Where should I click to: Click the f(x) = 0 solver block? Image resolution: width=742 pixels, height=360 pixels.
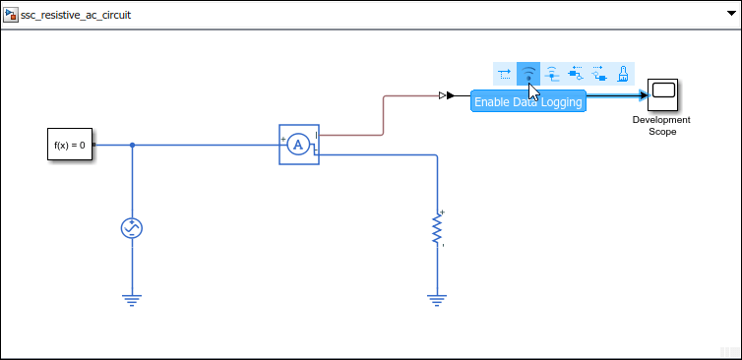70,146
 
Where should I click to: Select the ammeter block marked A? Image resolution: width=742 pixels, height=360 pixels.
298,145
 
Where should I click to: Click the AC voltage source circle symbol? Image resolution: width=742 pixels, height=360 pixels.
132,228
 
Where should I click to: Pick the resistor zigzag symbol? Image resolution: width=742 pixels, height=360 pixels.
436,229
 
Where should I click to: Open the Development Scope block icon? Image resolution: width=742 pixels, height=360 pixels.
662,94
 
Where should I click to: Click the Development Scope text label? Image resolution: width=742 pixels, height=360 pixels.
661,126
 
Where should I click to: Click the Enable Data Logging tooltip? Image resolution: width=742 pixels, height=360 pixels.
527,102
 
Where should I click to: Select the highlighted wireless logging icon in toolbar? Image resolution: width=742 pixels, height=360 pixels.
528,73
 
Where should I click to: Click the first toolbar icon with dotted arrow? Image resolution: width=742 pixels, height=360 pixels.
505,73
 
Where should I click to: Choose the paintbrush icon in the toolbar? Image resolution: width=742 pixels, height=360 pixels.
622,73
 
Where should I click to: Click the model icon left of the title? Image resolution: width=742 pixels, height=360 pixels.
12,17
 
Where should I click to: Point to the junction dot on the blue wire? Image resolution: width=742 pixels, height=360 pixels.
132,146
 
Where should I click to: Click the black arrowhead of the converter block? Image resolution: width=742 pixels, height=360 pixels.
450,95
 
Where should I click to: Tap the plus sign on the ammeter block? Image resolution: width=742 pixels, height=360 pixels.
283,139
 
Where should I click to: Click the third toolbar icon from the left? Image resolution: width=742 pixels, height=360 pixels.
552,73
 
